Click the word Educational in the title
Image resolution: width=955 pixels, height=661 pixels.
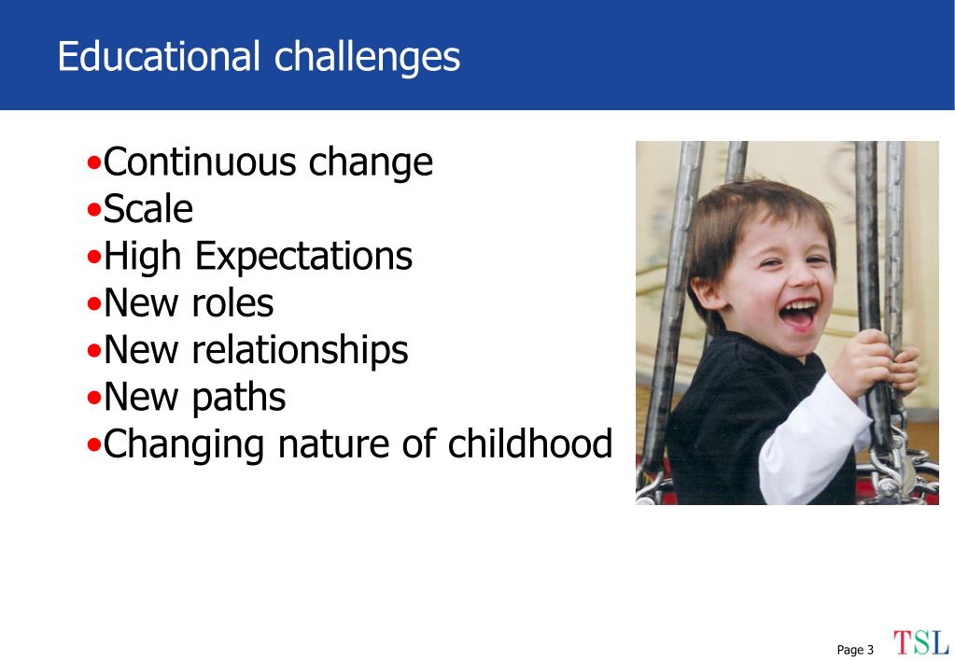coord(159,56)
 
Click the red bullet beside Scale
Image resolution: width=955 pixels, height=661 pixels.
coord(93,209)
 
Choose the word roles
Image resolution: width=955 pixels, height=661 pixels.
coord(232,302)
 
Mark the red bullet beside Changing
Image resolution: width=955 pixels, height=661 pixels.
coord(93,444)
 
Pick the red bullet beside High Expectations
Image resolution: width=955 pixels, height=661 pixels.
coord(93,257)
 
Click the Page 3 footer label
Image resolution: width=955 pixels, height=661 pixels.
coord(855,650)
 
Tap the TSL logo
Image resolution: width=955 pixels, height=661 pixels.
coord(920,642)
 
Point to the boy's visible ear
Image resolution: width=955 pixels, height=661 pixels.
coord(707,292)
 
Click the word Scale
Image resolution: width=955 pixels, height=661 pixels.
coord(148,209)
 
